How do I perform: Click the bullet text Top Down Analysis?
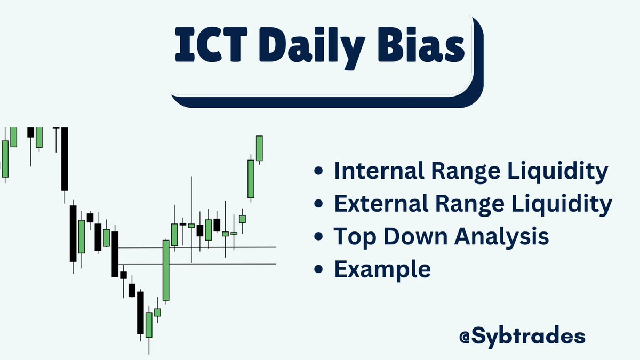(x=441, y=237)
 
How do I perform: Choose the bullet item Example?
(x=382, y=269)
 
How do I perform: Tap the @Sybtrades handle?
(x=522, y=337)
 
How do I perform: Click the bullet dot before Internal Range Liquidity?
(x=319, y=172)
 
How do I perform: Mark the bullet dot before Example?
(x=319, y=270)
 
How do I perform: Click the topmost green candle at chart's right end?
(x=259, y=148)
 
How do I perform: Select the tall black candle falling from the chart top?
(x=65, y=158)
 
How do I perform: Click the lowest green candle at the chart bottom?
(x=149, y=325)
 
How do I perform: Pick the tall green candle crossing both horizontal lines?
(x=166, y=270)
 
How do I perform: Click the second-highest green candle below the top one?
(x=250, y=179)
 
